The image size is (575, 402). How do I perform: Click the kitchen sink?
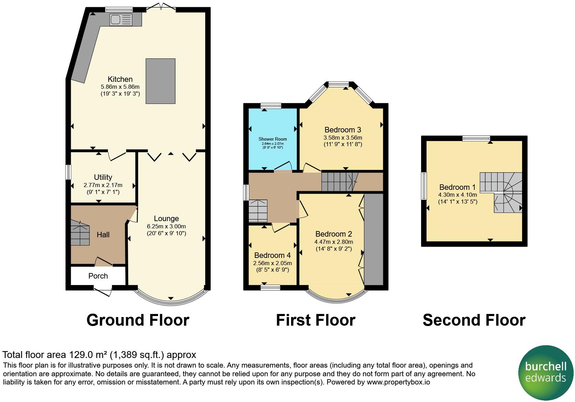click(121, 20)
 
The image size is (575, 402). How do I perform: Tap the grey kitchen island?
click(161, 81)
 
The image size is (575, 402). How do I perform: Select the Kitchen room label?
click(120, 79)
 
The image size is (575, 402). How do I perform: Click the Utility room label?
click(103, 177)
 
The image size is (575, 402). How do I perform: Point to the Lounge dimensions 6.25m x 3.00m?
click(166, 226)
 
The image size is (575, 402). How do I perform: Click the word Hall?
click(103, 235)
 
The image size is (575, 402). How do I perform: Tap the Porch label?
click(98, 276)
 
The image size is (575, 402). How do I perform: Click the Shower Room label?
click(273, 139)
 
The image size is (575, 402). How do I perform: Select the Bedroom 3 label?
click(343, 130)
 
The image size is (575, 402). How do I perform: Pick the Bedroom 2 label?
click(334, 234)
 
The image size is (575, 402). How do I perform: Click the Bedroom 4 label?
click(272, 255)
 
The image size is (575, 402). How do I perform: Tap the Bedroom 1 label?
click(457, 187)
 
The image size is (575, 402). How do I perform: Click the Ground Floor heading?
click(138, 320)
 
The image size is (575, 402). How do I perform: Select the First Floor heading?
click(316, 320)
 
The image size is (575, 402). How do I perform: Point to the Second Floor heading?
click(474, 320)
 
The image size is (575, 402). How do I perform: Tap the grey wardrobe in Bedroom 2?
click(374, 239)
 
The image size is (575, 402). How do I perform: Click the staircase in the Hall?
click(80, 232)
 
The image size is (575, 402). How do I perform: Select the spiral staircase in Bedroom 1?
click(501, 192)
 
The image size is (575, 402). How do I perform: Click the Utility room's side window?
click(68, 172)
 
